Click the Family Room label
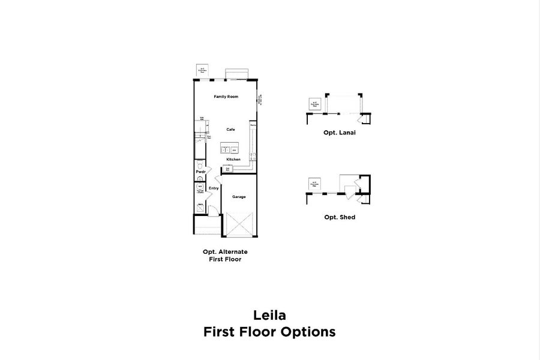click(x=226, y=97)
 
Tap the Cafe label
click(x=230, y=129)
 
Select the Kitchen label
click(x=234, y=159)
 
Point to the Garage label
click(x=239, y=196)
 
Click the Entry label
click(x=214, y=188)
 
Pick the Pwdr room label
click(x=200, y=172)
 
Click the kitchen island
click(x=229, y=148)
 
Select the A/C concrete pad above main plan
click(x=202, y=71)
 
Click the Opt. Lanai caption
click(x=340, y=133)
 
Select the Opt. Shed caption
click(x=340, y=217)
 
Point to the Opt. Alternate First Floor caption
click(x=225, y=256)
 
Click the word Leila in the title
click(x=269, y=314)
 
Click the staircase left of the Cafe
click(x=200, y=129)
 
